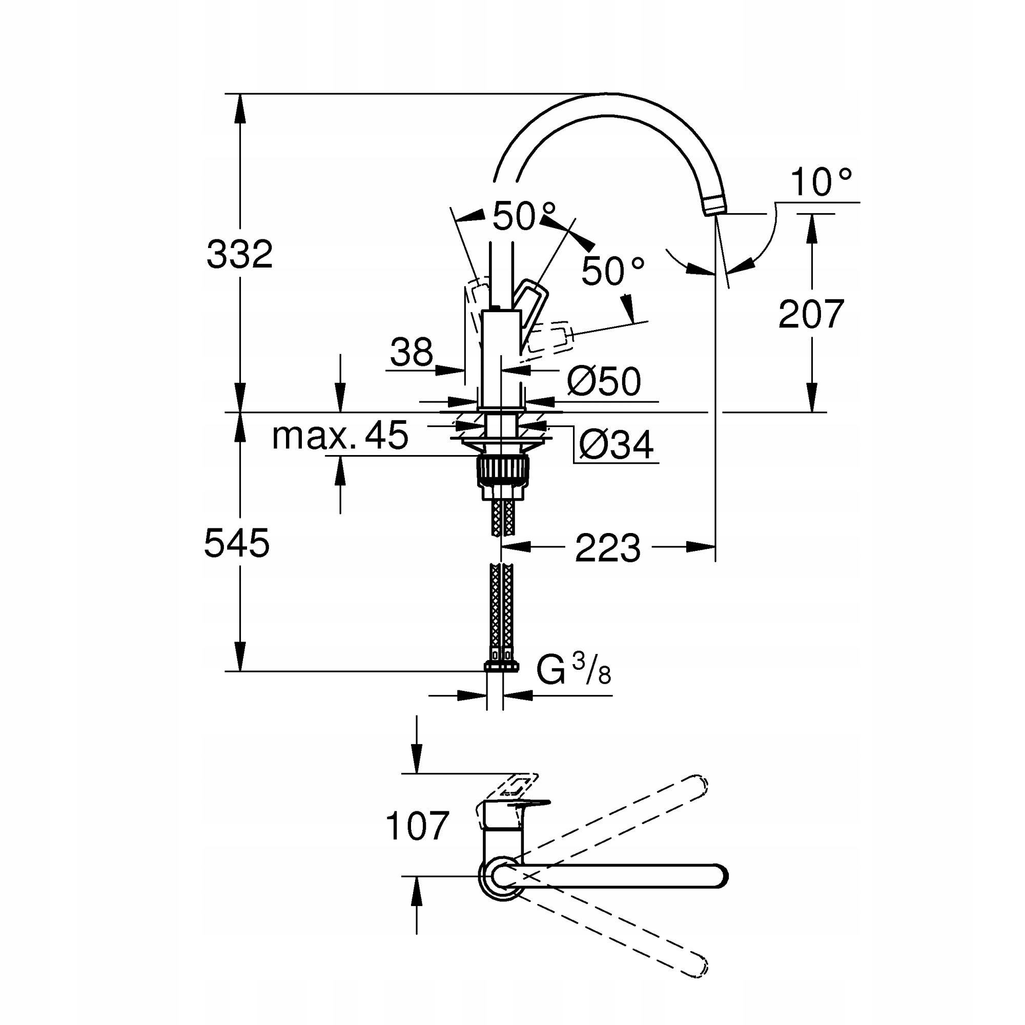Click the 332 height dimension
[x=239, y=254]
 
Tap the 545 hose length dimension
[x=237, y=543]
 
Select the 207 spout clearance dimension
[x=811, y=314]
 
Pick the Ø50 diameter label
[x=604, y=381]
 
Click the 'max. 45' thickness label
[x=340, y=436]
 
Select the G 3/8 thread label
[x=573, y=669]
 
